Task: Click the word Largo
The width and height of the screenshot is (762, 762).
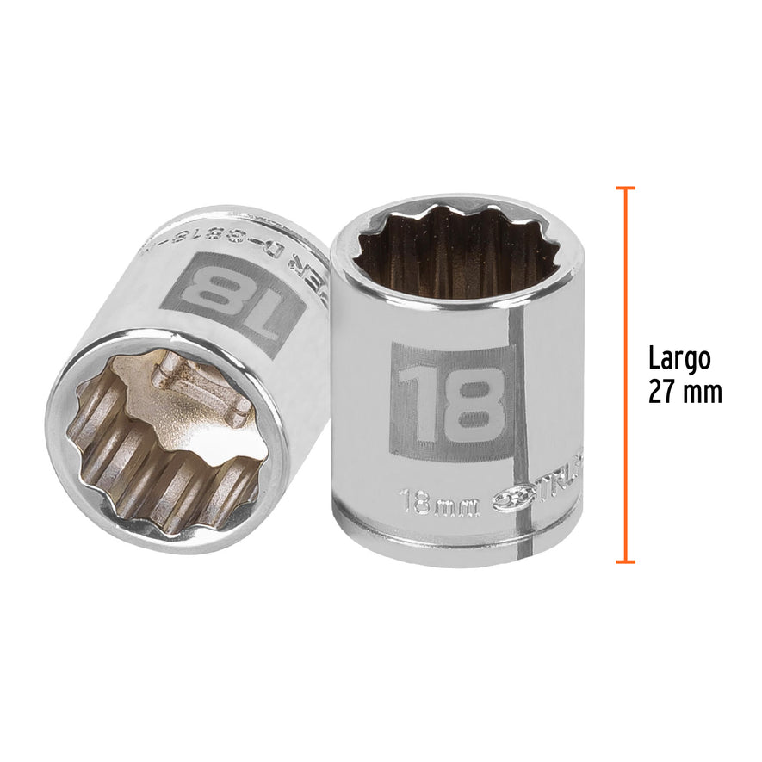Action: click(679, 358)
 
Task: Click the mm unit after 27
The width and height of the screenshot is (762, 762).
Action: click(701, 393)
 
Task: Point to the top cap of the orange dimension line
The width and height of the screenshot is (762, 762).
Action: click(626, 187)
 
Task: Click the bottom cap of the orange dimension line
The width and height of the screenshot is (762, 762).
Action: click(626, 562)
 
